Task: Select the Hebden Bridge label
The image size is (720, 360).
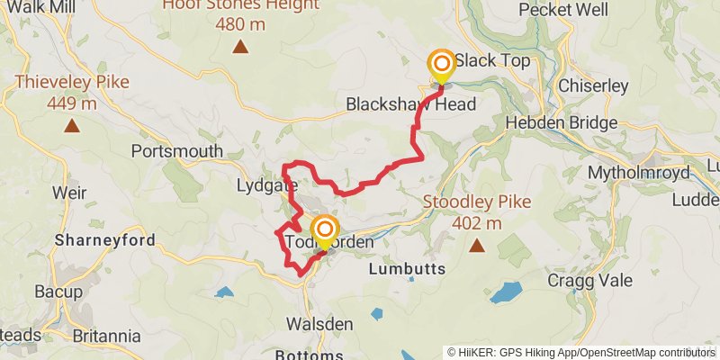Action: tap(562, 122)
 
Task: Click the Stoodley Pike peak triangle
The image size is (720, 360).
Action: tap(477, 245)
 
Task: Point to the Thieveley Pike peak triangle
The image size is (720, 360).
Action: tap(71, 127)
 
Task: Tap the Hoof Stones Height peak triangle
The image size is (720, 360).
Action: tap(240, 47)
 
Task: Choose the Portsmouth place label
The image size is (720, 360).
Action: tap(176, 151)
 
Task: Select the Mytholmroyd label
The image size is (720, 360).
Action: tap(638, 172)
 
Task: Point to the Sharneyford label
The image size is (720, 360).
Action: tap(104, 240)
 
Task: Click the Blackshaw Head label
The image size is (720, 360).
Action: tap(410, 104)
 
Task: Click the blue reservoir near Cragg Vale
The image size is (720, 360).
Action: tap(506, 292)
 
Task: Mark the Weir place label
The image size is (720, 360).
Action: tap(69, 193)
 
